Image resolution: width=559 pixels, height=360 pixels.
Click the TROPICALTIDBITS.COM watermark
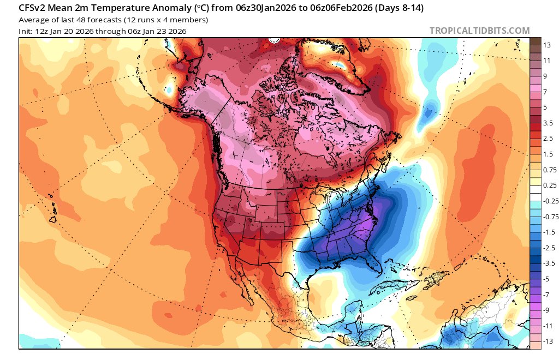479,31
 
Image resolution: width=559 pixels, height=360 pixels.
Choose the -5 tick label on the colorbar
547,279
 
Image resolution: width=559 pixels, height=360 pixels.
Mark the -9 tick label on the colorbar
547,310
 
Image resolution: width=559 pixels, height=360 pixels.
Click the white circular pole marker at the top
274,39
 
